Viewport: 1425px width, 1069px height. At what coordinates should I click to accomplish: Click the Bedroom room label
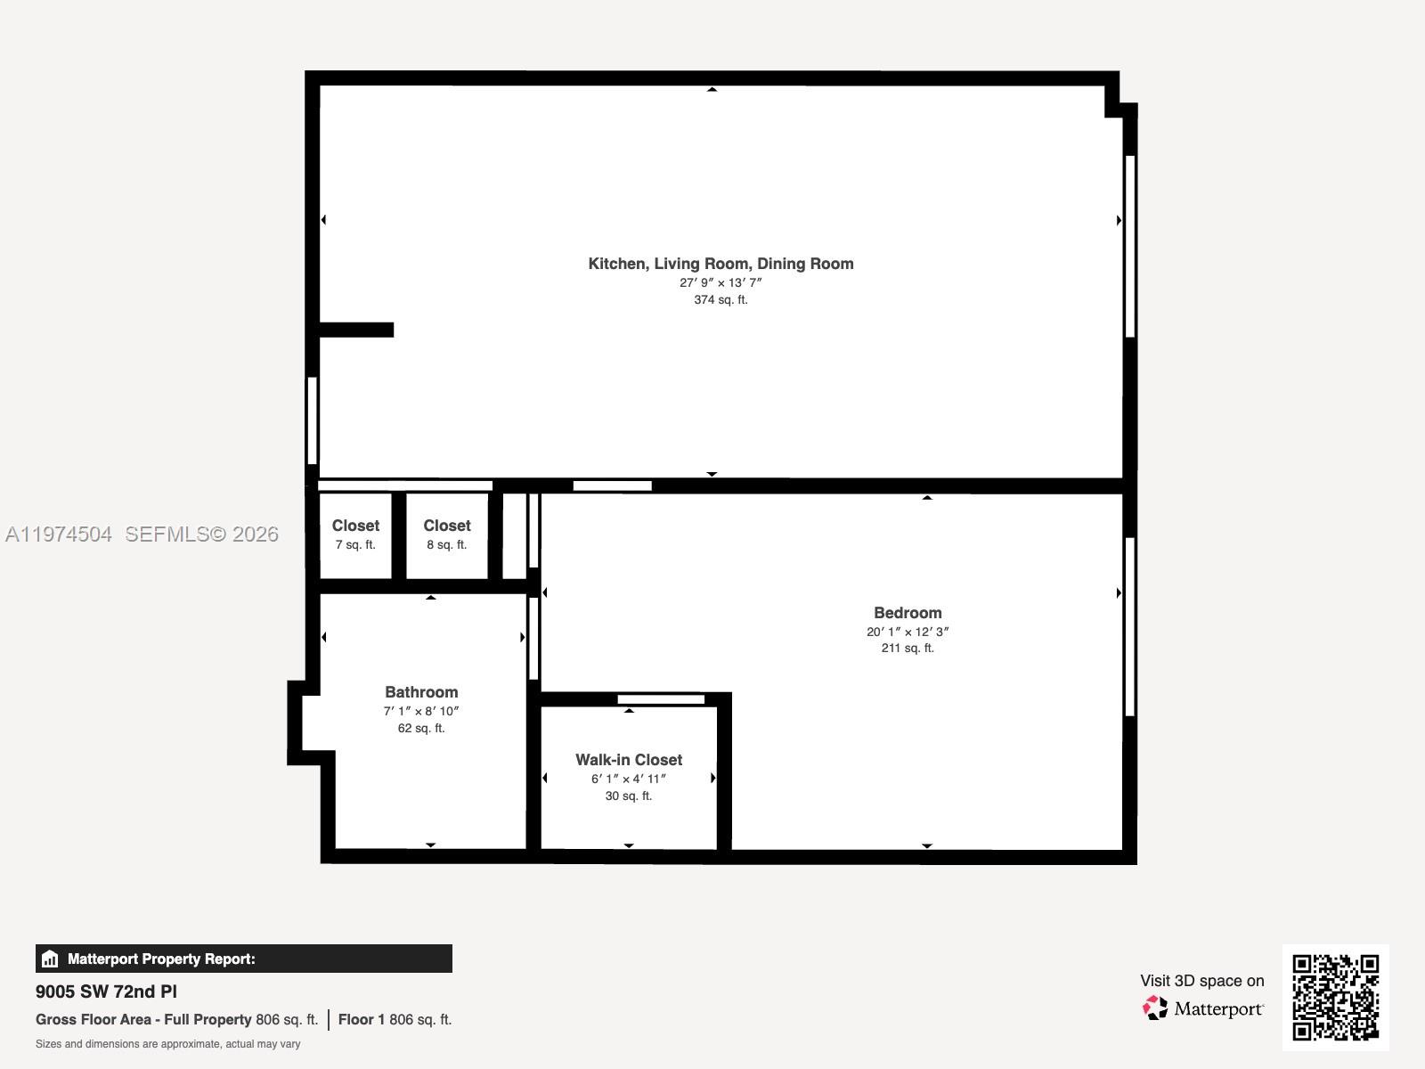coord(908,613)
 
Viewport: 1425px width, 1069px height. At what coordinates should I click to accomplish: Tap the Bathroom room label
coord(421,692)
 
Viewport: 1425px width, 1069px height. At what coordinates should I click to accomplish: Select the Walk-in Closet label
coord(629,760)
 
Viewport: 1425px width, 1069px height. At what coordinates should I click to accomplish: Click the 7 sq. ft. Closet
coord(355,534)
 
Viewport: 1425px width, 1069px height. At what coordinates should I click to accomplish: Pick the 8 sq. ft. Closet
coord(446,534)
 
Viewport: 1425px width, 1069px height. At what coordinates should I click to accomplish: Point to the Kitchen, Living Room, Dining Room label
coord(721,264)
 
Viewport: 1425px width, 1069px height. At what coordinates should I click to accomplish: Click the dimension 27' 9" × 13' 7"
coord(721,282)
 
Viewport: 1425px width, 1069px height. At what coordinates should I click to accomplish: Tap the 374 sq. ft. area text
coord(721,300)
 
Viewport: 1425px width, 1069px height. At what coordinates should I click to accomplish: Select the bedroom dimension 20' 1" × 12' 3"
coord(908,632)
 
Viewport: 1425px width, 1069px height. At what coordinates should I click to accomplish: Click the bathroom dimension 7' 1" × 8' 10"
coord(421,711)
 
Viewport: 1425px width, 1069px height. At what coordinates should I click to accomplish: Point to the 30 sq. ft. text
coord(629,796)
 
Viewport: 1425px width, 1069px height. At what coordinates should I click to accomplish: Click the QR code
coord(1335,997)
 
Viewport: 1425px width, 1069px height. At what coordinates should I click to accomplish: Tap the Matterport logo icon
coord(1155,1008)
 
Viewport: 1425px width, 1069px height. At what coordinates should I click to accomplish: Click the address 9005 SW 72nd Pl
coord(106,991)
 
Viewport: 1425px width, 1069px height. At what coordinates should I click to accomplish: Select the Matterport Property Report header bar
coord(243,959)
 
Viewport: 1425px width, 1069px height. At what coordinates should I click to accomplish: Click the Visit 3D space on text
coord(1201,981)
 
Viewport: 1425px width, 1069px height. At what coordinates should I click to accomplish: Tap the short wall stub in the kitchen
coord(356,330)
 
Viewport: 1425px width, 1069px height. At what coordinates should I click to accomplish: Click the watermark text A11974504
coord(59,534)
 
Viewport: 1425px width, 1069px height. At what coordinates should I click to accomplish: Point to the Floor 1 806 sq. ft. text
coord(395,1019)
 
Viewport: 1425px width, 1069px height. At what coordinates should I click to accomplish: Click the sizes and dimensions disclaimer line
coord(167,1044)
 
